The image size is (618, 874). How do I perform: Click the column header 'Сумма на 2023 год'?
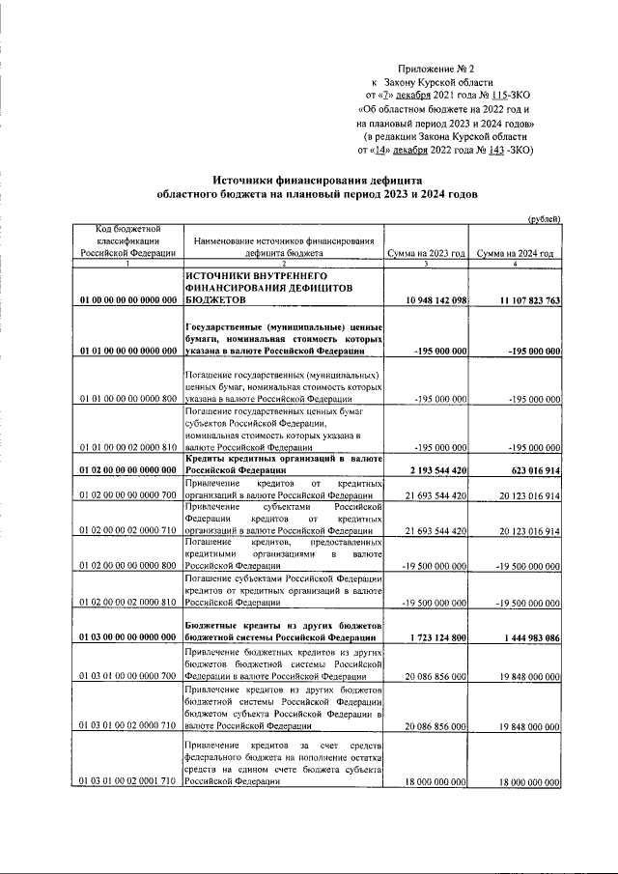(426, 253)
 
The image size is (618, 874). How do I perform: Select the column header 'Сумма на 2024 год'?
(515, 253)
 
